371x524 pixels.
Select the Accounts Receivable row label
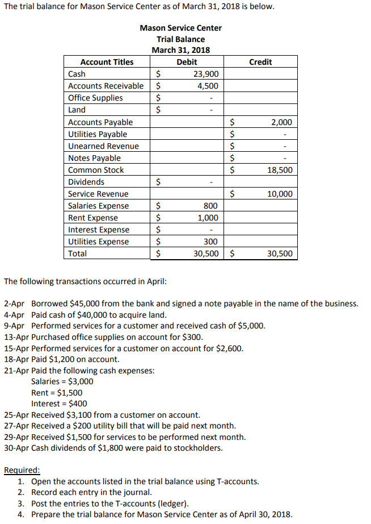click(x=106, y=86)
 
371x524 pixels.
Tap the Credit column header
click(x=260, y=62)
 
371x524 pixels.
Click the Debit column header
click(x=187, y=62)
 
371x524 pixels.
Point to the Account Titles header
click(x=107, y=62)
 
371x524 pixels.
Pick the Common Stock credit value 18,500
click(x=281, y=170)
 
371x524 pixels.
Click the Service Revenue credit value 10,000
click(x=281, y=194)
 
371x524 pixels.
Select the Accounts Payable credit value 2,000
click(x=283, y=122)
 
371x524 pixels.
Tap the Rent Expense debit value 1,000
click(x=208, y=218)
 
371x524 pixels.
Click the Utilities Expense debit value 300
click(x=211, y=242)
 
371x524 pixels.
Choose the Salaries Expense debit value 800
click(x=211, y=206)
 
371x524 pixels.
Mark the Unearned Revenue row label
click(x=103, y=146)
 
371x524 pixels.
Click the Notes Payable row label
click(x=94, y=158)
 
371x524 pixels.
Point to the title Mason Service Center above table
click(x=180, y=28)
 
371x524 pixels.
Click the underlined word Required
click(x=22, y=470)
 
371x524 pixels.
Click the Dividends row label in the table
click(x=86, y=182)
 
